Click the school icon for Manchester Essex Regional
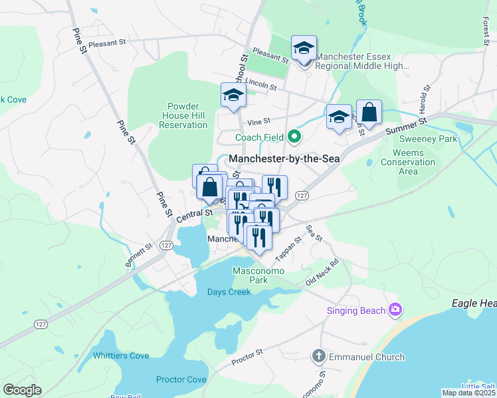pyautogui.click(x=304, y=48)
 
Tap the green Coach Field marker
pyautogui.click(x=292, y=137)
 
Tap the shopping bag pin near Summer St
pyautogui.click(x=369, y=113)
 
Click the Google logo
pyautogui.click(x=22, y=390)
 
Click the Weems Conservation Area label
pyautogui.click(x=408, y=163)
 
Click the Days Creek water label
pyautogui.click(x=229, y=293)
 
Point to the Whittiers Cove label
pyautogui.click(x=121, y=356)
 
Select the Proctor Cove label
pyautogui.click(x=181, y=379)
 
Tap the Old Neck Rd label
pyautogui.click(x=322, y=271)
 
